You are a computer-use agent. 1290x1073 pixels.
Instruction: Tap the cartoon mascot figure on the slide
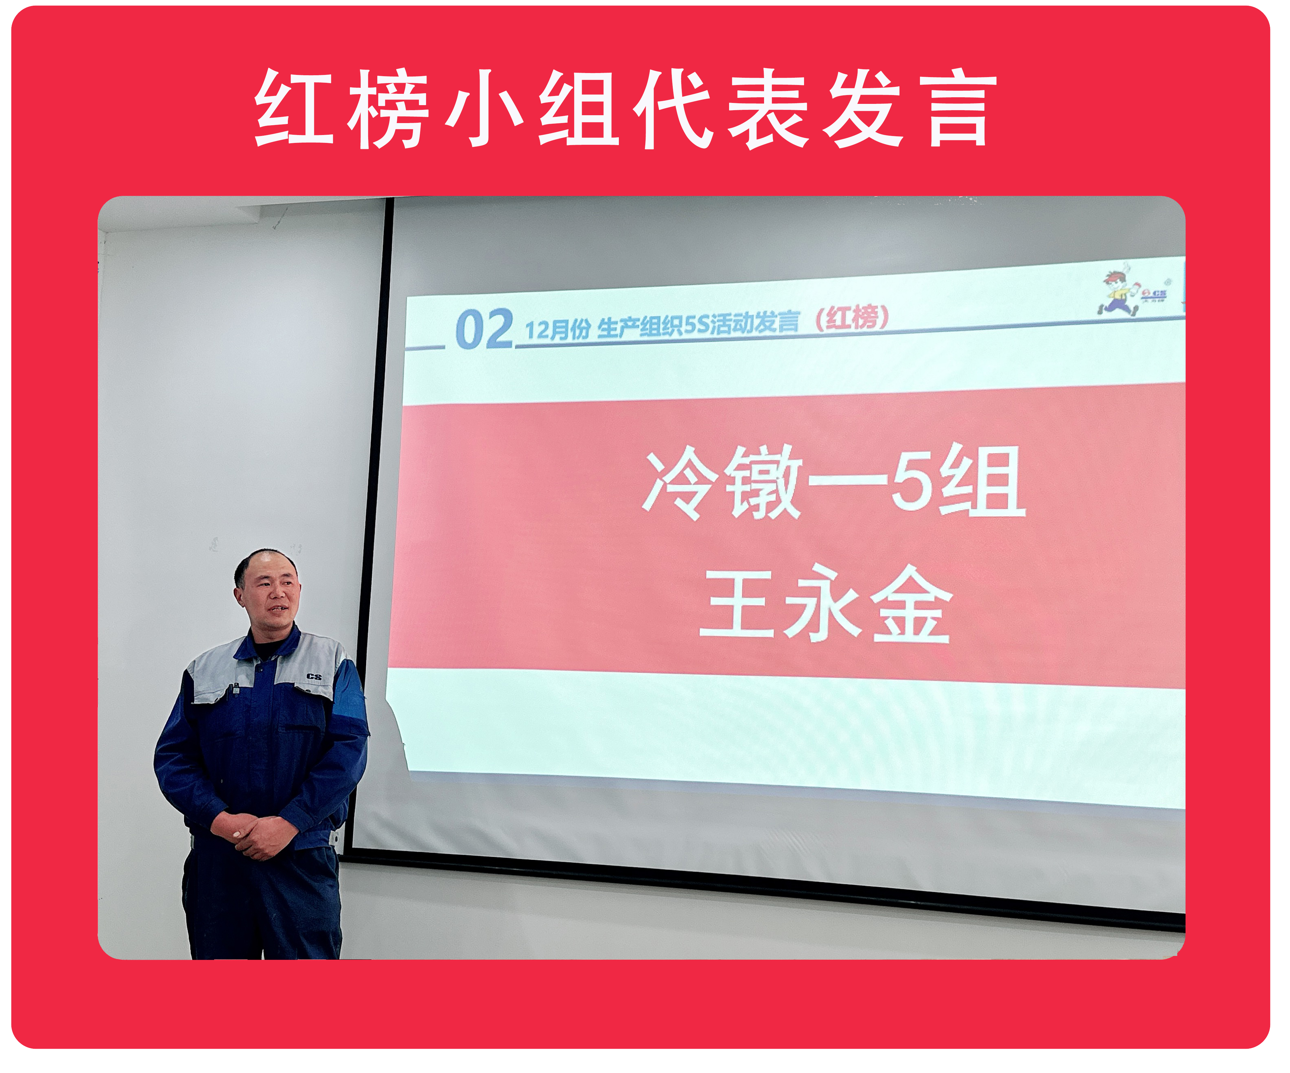coord(1118,290)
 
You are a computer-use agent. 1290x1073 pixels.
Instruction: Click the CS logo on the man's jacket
coord(314,676)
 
